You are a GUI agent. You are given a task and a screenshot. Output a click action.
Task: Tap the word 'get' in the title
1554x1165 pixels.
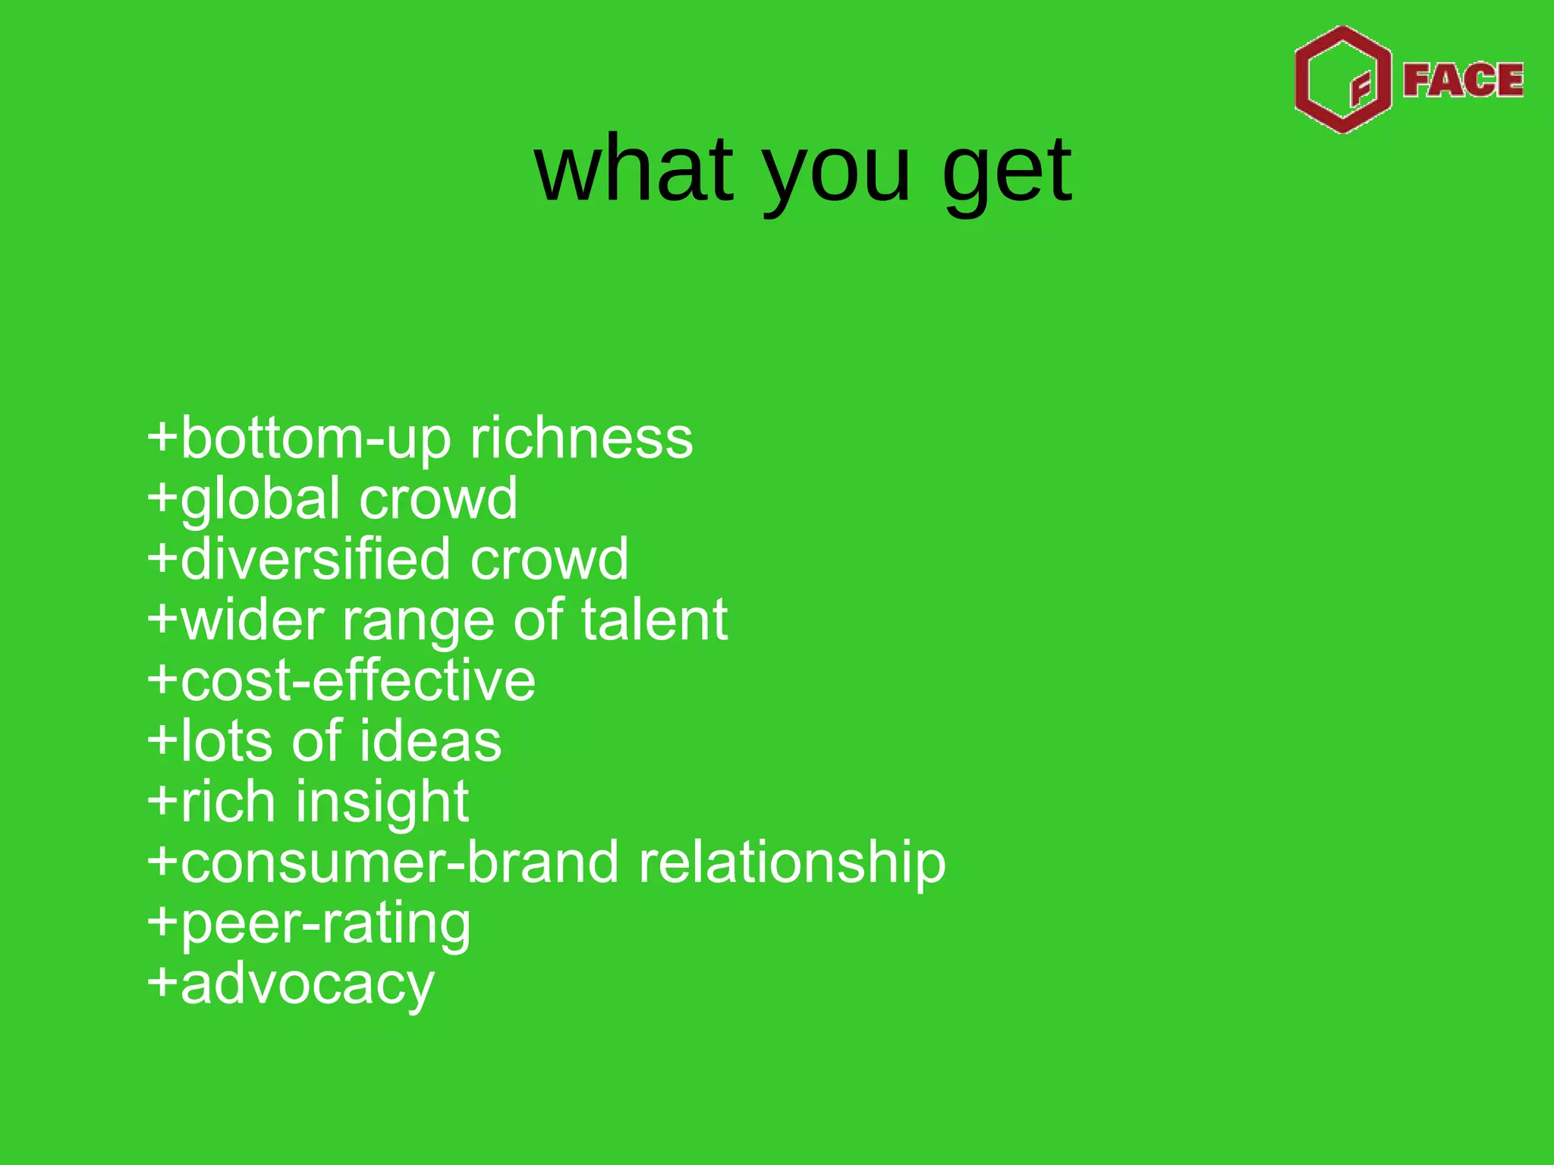[1006, 173]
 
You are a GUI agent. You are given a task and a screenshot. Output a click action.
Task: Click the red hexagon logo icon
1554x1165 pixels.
[1342, 80]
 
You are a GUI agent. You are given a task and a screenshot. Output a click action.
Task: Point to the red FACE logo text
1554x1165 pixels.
[1462, 80]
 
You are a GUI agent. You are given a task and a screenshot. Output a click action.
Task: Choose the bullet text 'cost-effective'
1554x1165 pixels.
[357, 680]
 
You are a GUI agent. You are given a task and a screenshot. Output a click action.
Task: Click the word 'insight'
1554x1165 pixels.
[382, 803]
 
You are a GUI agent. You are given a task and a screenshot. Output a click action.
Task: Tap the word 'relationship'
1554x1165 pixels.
[791, 864]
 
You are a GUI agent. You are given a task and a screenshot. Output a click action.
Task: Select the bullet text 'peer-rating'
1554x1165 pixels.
[326, 925]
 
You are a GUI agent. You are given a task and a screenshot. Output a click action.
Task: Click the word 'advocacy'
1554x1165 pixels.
[307, 985]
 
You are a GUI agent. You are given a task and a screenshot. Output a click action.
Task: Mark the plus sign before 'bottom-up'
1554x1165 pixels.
[162, 438]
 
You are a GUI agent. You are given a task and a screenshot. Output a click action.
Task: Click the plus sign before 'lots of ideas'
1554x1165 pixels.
[162, 740]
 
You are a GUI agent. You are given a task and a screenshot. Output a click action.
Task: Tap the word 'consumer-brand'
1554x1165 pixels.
[399, 862]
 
